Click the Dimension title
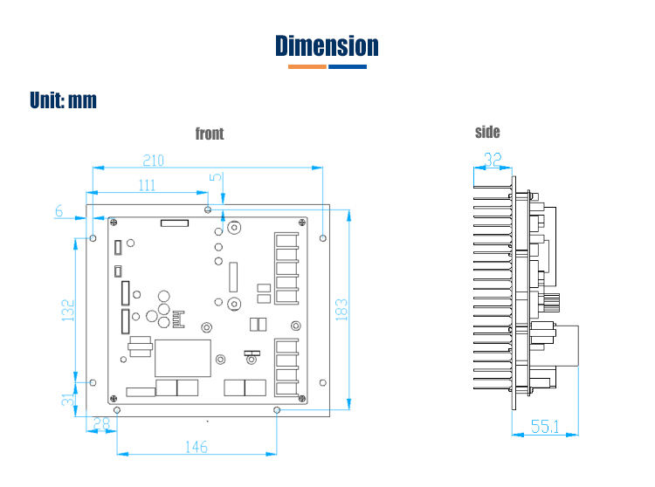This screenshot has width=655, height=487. (327, 45)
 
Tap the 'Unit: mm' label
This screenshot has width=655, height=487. (63, 100)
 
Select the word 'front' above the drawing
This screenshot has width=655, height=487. (210, 134)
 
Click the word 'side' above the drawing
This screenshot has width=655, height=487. (487, 132)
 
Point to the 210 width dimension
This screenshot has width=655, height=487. (154, 161)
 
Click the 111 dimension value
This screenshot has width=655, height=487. (146, 185)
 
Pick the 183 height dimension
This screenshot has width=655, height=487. (341, 309)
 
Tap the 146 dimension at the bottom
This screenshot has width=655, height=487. (196, 446)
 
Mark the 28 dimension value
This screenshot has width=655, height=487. (102, 423)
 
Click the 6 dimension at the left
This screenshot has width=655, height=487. (59, 210)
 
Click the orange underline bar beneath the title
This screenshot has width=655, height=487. (301, 66)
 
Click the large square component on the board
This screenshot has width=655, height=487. (183, 358)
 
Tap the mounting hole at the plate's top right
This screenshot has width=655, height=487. (323, 237)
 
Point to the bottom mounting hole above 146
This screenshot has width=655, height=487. (277, 408)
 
